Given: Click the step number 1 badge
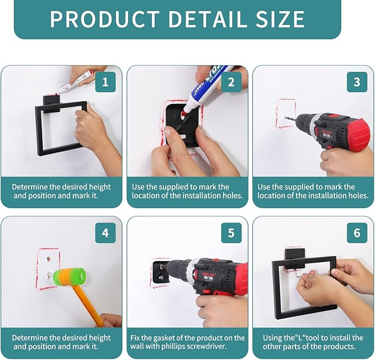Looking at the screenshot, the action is [x=105, y=82].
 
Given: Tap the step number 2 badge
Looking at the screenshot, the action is [x=231, y=82].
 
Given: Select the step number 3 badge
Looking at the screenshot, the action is [x=357, y=82].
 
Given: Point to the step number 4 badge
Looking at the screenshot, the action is [x=105, y=233].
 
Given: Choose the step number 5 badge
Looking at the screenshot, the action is [x=231, y=233].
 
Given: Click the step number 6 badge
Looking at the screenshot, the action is [x=357, y=233].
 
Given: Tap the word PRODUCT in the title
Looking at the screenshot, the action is [x=105, y=19].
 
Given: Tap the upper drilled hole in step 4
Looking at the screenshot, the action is [x=49, y=259].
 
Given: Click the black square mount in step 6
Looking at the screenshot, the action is [x=295, y=258].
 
